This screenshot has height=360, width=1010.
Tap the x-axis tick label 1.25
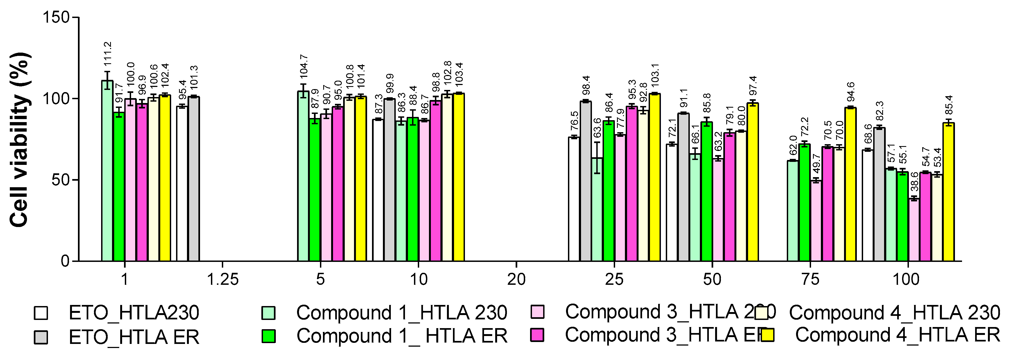[223, 280]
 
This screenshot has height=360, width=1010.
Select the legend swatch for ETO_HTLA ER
[41, 337]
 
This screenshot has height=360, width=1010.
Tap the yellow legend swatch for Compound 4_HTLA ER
[767, 335]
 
